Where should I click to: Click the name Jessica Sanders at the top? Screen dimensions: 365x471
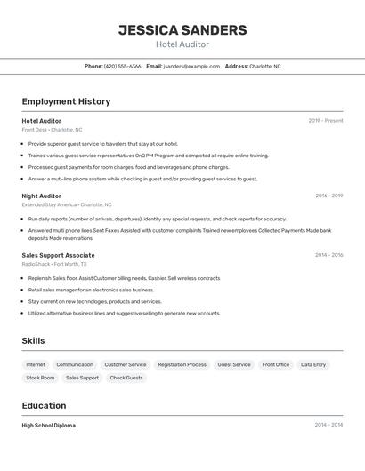pyautogui.click(x=182, y=29)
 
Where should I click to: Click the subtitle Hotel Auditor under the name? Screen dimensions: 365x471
pyautogui.click(x=182, y=44)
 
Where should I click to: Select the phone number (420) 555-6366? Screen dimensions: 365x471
pyautogui.click(x=122, y=66)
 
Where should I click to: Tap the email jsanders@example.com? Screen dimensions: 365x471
pyautogui.click(x=191, y=66)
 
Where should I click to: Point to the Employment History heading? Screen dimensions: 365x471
pyautogui.click(x=66, y=101)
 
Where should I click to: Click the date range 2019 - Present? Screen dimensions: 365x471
pyautogui.click(x=326, y=121)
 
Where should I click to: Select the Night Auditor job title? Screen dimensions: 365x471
pyautogui.click(x=42, y=196)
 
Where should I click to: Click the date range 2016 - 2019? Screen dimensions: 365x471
pyautogui.click(x=328, y=196)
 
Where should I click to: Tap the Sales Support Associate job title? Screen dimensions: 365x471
pyautogui.click(x=58, y=255)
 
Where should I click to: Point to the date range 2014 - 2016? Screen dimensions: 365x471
pyautogui.click(x=328, y=255)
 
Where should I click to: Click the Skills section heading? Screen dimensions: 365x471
pyautogui.click(x=33, y=340)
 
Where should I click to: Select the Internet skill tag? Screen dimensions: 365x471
pyautogui.click(x=36, y=364)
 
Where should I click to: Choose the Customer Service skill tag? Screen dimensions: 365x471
pyautogui.click(x=126, y=364)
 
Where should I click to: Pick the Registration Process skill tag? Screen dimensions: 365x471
pyautogui.click(x=182, y=364)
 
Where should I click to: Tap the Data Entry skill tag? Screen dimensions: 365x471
pyautogui.click(x=313, y=364)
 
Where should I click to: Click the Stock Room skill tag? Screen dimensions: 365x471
pyautogui.click(x=40, y=378)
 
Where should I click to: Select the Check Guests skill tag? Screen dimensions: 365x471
pyautogui.click(x=126, y=378)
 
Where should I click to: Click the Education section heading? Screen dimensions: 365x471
pyautogui.click(x=45, y=405)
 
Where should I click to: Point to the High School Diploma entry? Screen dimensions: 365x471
pyautogui.click(x=49, y=425)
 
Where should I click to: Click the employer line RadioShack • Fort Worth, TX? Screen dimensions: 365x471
pyautogui.click(x=54, y=264)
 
